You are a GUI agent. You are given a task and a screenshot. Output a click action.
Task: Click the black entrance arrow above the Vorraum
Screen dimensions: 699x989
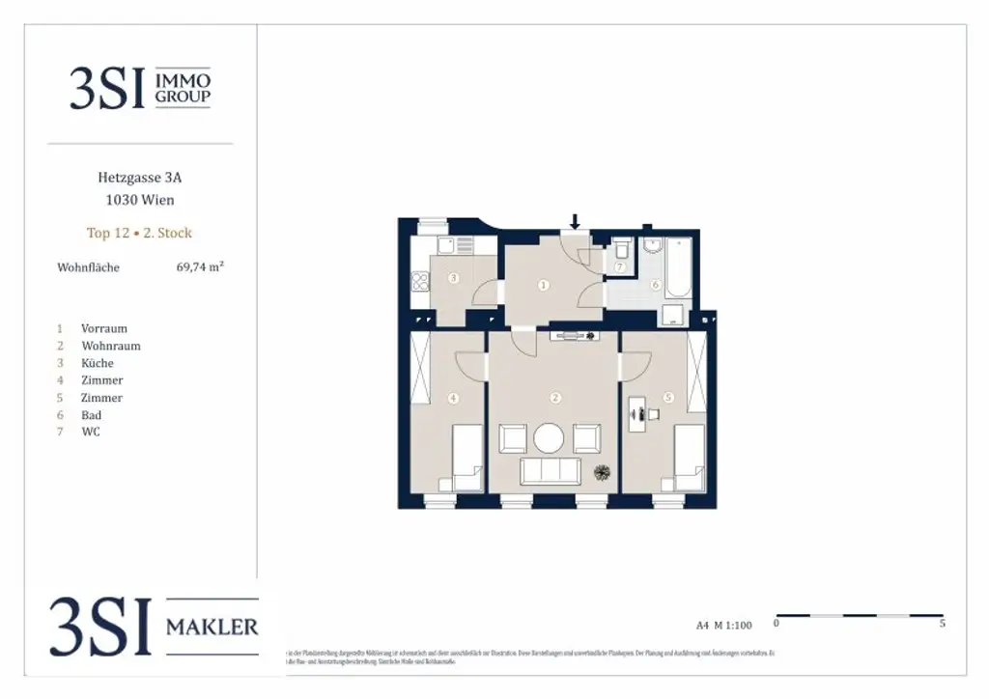[575, 223]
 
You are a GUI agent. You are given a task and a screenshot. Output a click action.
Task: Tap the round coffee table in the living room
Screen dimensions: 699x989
[549, 439]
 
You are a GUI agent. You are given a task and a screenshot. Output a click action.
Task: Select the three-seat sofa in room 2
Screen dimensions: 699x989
[551, 471]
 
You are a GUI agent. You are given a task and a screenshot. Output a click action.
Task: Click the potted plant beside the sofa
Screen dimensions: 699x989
[602, 472]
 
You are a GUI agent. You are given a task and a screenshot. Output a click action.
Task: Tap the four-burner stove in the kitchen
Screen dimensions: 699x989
[420, 283]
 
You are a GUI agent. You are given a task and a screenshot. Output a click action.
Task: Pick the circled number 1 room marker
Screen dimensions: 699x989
[544, 285]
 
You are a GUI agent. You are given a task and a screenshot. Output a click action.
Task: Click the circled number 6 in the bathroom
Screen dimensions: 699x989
[655, 285]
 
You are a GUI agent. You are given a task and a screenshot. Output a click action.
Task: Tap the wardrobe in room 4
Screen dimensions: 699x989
[419, 368]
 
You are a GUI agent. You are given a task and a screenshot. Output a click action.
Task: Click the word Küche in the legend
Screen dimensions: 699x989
[97, 363]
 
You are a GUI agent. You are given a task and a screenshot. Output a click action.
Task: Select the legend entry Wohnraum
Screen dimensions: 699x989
[110, 346]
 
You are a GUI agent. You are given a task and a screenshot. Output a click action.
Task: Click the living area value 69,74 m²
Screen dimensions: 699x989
[193, 267]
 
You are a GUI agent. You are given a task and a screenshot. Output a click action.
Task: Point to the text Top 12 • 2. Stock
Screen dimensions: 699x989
[139, 233]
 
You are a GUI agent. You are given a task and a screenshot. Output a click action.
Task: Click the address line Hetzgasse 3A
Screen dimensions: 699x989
[139, 178]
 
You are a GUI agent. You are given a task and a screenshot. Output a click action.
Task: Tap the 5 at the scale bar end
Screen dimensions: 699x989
[942, 624]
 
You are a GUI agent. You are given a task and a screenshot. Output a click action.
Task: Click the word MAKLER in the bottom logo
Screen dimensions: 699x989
[212, 628]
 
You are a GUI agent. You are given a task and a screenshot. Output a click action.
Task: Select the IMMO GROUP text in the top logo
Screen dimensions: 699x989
[183, 87]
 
